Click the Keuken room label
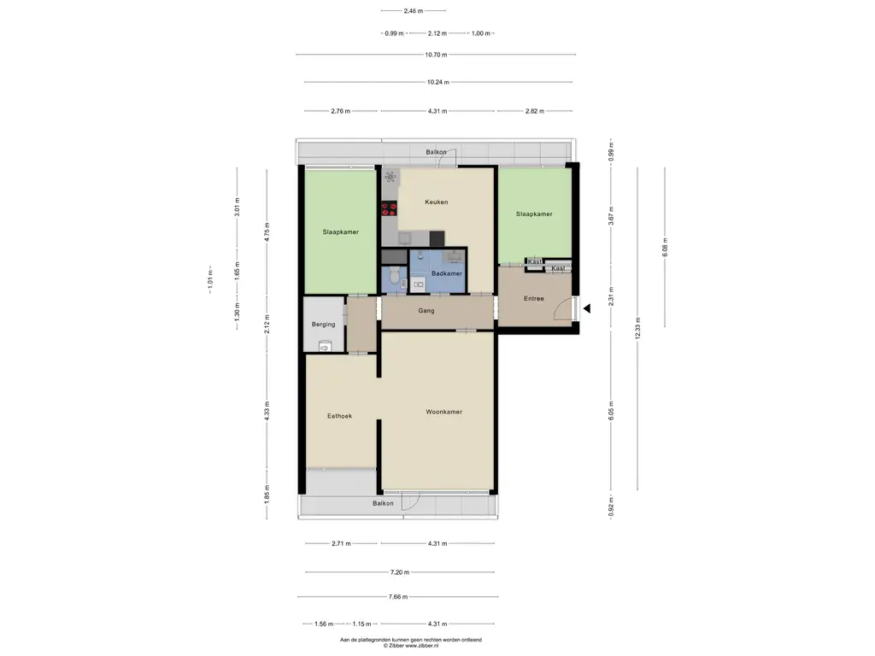437,202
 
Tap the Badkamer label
446,273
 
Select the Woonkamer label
443,412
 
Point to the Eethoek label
339,416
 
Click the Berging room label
324,324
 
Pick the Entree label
533,298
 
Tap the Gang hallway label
426,311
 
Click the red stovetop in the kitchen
389,209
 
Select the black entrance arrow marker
586,307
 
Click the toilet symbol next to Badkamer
394,276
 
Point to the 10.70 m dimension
436,55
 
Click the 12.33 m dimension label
637,328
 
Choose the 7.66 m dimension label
398,597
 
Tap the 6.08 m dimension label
665,248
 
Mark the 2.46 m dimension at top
413,10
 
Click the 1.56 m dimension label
324,624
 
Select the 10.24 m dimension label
438,82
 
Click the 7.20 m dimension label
400,572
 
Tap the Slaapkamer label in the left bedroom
340,232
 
